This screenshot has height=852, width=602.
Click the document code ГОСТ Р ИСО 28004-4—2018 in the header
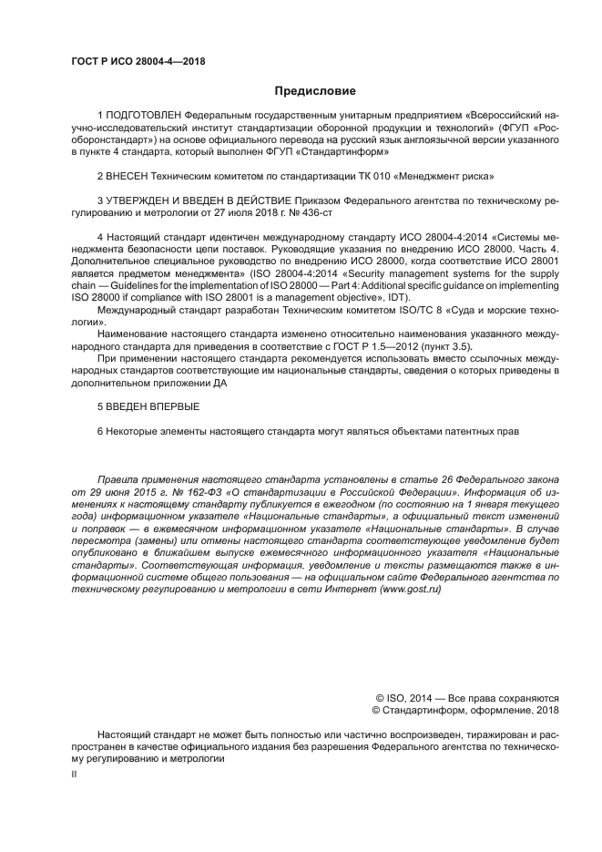(137, 61)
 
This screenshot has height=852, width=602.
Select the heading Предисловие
(315, 91)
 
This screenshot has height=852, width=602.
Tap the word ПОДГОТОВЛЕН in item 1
(144, 117)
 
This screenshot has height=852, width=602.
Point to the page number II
(75, 774)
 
